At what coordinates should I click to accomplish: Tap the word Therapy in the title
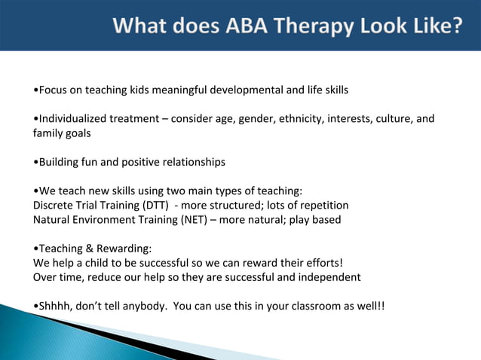[x=309, y=27]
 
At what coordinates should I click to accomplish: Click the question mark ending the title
[x=456, y=27]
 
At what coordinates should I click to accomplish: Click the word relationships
[x=192, y=162]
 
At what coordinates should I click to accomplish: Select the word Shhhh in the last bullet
[x=55, y=306]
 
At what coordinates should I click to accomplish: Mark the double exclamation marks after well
[x=381, y=306]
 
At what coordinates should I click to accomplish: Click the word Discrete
[x=54, y=205]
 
